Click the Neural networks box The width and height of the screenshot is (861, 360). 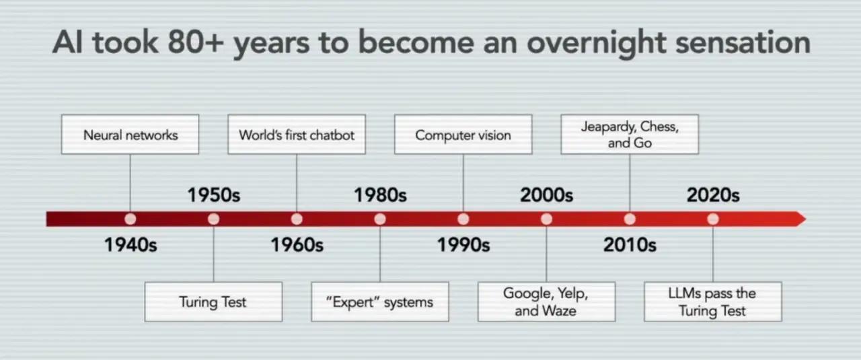(130, 134)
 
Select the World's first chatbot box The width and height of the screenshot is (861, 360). (297, 134)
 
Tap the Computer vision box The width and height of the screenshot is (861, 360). (463, 134)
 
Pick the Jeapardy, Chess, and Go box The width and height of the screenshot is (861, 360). (630, 134)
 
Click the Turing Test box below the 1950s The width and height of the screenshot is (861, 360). (213, 302)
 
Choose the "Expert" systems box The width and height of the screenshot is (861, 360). (380, 302)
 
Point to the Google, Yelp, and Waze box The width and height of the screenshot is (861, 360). (546, 302)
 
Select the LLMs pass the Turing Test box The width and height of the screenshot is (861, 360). (712, 302)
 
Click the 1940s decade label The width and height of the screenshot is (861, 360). (130, 245)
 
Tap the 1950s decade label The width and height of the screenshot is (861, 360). (214, 195)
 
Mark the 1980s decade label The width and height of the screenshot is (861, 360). (380, 195)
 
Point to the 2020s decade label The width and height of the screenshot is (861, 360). (713, 195)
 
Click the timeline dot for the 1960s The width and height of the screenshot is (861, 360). (297, 219)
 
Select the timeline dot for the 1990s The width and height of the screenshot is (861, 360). (463, 219)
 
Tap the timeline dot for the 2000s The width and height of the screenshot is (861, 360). (546, 219)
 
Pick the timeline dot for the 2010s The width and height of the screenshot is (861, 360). (630, 219)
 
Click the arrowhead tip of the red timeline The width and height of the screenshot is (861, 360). (806, 219)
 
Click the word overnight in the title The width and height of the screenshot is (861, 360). (596, 44)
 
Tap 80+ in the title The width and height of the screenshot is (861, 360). (196, 42)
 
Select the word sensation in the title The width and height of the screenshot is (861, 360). (743, 42)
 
